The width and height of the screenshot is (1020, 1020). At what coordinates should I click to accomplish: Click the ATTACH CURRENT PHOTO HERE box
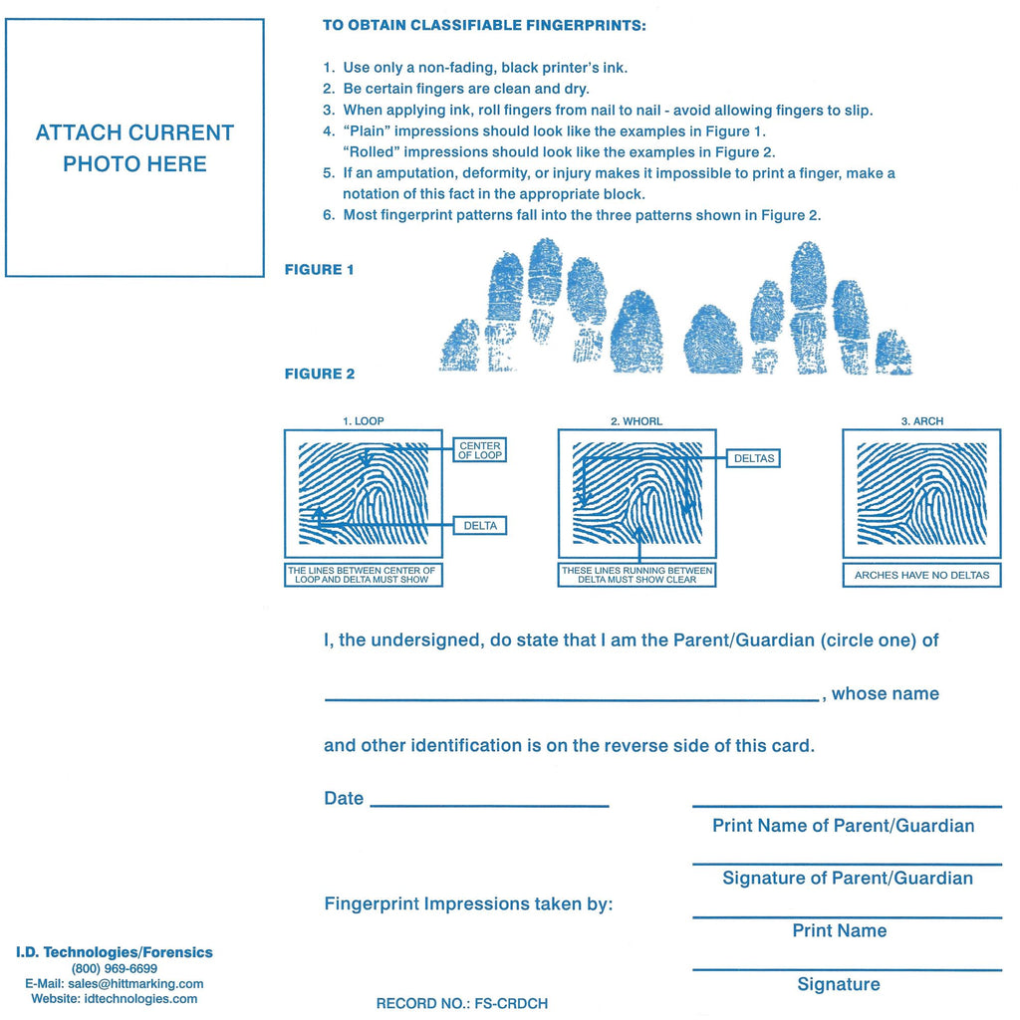(134, 147)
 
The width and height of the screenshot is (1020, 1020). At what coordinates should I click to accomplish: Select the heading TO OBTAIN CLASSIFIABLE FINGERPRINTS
(484, 26)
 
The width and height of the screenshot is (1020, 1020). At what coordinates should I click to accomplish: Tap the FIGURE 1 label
(319, 270)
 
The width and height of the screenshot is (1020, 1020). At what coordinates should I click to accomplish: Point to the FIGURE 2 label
(319, 375)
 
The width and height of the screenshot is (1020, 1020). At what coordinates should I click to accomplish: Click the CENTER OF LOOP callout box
(480, 450)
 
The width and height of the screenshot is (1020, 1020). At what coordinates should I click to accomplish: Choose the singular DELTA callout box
(480, 526)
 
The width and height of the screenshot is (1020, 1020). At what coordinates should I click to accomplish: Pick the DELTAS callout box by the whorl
(753, 459)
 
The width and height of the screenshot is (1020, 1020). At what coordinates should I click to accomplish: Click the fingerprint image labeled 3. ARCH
(921, 494)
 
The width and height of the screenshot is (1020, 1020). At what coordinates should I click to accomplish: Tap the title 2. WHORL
(637, 421)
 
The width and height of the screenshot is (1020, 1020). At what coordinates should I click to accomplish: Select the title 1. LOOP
(363, 421)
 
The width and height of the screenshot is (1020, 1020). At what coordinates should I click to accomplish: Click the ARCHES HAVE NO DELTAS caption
(921, 576)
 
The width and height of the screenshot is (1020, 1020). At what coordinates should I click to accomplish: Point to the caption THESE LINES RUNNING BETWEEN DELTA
(637, 575)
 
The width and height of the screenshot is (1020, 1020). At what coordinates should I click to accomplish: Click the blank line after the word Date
(488, 802)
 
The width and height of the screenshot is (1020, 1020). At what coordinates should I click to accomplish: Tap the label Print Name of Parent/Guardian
(843, 826)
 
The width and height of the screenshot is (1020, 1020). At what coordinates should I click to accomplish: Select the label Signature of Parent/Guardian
(847, 879)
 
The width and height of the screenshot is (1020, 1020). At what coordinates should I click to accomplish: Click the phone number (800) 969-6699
(114, 968)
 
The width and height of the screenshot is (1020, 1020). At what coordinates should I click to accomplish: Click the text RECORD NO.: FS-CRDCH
(461, 1004)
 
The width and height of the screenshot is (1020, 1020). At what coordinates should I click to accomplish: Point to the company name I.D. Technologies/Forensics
(114, 952)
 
